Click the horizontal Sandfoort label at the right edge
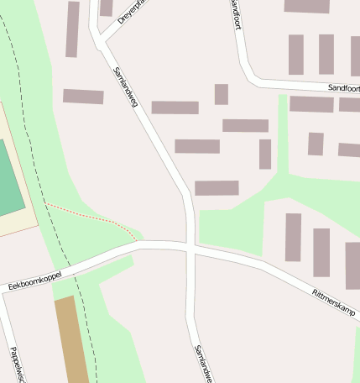[x=343, y=87]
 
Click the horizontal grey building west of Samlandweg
[x=83, y=97]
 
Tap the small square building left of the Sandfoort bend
[x=221, y=94]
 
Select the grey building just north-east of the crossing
[x=217, y=188]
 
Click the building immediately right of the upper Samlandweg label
[x=175, y=108]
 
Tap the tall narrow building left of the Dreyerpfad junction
[x=72, y=29]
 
